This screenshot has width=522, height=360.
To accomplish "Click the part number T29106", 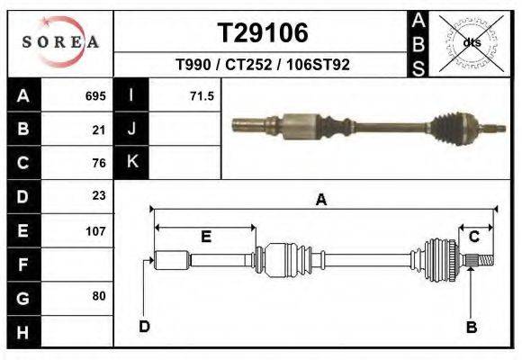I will tap(263, 32).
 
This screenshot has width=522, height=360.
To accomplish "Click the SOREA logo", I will tap(59, 42).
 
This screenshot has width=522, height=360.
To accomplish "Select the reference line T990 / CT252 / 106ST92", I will tap(263, 65).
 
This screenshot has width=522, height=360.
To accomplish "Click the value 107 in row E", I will tap(95, 230).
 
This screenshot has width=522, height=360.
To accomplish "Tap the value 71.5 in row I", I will tap(202, 95).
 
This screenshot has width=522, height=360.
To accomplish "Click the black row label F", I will tap(22, 265).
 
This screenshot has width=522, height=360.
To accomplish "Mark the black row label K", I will tap(131, 162).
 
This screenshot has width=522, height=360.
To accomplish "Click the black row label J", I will tap(131, 129).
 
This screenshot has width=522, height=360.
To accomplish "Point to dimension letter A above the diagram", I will tap(320, 201).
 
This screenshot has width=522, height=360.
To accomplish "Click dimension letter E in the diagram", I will tap(205, 237).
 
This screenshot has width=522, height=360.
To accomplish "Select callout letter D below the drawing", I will tap(144, 326).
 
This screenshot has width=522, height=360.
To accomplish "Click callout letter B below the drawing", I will tap(471, 327).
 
